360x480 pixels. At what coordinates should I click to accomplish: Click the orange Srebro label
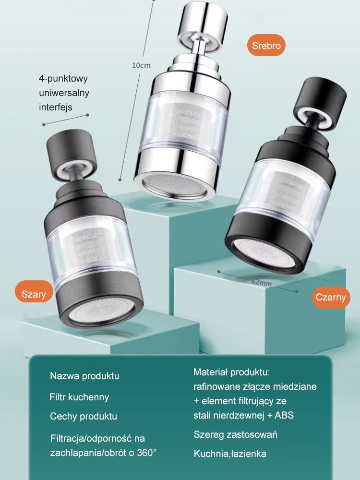[x=266, y=45]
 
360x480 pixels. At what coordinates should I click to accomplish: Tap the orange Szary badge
[x=34, y=294]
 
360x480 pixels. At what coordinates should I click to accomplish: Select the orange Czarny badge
[x=331, y=297]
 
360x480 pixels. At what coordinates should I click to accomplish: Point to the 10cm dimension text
[x=141, y=65]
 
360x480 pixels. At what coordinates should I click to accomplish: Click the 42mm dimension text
[x=262, y=282]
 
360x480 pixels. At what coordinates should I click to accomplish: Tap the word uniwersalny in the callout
[x=64, y=93]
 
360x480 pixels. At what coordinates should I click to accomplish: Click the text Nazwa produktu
[x=84, y=376]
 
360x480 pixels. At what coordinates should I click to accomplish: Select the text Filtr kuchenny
[x=79, y=397]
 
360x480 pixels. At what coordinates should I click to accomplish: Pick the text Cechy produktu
[x=84, y=416]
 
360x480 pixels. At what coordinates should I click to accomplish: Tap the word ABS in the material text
[x=284, y=415]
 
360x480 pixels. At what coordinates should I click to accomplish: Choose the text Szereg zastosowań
[x=235, y=434]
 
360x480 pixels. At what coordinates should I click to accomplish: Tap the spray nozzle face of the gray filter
[x=101, y=312]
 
